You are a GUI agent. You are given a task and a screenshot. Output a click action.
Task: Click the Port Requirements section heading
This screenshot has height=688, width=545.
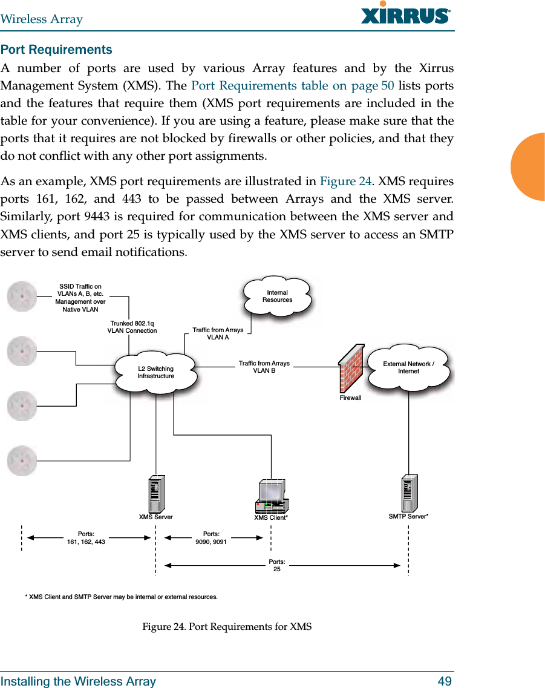(56, 50)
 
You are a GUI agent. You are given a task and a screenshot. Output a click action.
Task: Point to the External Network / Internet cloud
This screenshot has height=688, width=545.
(409, 367)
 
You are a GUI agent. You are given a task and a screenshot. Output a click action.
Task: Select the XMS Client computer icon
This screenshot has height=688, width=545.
(271, 496)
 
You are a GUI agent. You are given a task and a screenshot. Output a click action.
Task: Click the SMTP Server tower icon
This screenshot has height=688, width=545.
(409, 494)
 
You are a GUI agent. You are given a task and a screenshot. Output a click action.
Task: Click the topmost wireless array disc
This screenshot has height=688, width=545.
(22, 295)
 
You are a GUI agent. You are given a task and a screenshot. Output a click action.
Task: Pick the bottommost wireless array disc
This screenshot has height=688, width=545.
(22, 460)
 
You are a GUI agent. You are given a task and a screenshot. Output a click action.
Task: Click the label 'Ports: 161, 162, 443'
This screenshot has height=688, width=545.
(86, 538)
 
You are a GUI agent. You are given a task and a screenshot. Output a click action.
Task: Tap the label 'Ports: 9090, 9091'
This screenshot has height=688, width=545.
(211, 538)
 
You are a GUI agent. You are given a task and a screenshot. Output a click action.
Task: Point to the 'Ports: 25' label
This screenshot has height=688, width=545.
(277, 566)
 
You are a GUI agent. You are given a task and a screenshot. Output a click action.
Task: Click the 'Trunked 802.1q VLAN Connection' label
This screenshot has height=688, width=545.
(132, 327)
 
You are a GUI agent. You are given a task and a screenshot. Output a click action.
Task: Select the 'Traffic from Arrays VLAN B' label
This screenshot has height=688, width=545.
(264, 367)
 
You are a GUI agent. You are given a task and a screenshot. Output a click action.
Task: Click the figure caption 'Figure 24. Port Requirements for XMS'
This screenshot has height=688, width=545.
(227, 626)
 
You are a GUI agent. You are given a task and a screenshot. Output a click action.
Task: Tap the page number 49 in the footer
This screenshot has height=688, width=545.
(445, 681)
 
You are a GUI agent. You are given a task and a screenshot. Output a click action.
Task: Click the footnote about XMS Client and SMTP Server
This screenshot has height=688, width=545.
(121, 597)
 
